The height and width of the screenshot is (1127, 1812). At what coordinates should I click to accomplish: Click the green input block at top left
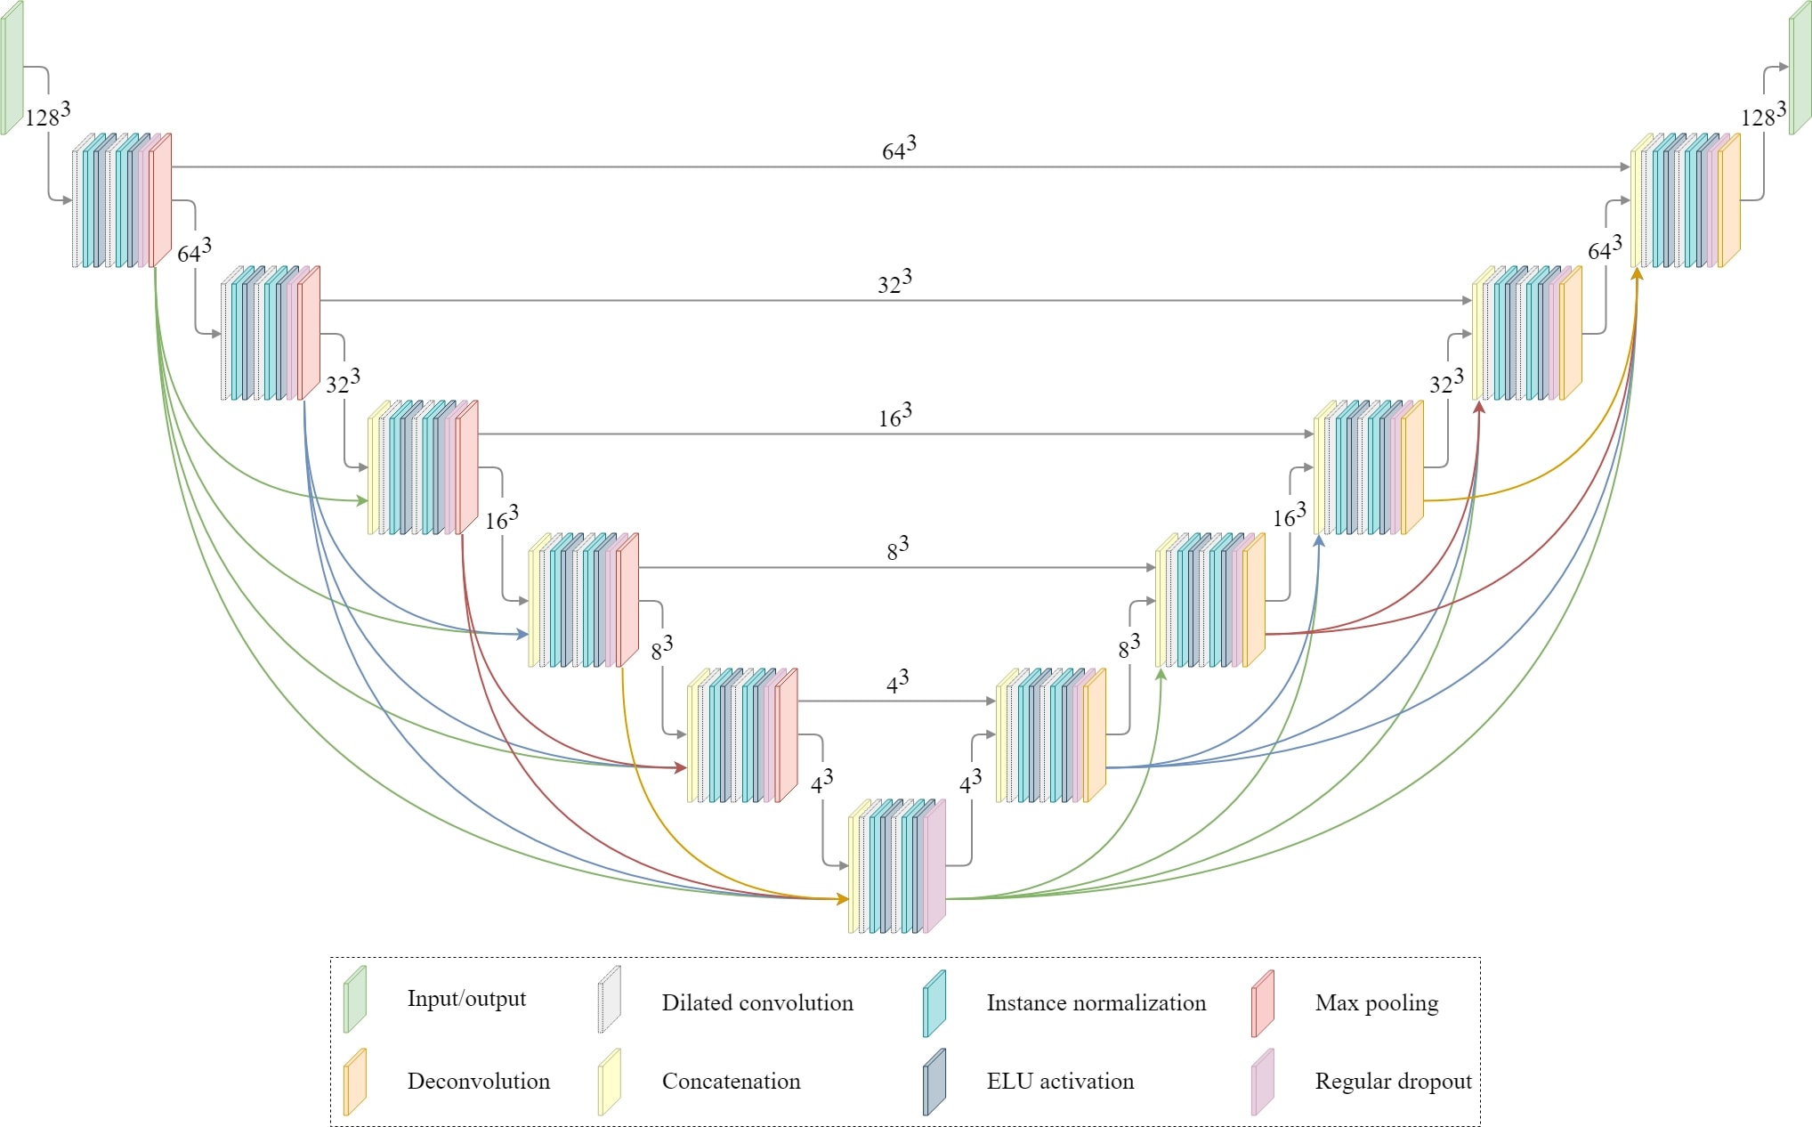(x=12, y=69)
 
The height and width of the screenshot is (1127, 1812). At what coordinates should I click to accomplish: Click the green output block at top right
(x=1800, y=69)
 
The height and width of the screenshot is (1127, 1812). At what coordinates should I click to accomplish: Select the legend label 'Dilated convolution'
(x=756, y=1003)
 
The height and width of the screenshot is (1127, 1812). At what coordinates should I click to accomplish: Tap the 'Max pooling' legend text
(x=1376, y=1003)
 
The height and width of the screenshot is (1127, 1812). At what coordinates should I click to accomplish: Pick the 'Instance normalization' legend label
(x=1096, y=1003)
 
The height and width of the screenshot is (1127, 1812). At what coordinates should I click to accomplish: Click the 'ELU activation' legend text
(x=1060, y=1082)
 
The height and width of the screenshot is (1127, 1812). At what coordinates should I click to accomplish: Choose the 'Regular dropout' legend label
(x=1393, y=1082)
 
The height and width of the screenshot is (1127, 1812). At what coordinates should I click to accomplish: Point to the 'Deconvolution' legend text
(x=478, y=1082)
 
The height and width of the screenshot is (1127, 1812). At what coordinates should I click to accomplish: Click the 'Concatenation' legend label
(x=731, y=1082)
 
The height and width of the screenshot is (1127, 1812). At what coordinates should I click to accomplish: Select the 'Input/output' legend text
(x=466, y=999)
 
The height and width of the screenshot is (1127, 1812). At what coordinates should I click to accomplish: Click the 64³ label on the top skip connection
(x=899, y=149)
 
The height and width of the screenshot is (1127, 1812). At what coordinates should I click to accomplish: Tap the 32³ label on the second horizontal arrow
(x=894, y=282)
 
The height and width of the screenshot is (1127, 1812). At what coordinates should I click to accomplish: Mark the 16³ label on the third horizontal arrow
(x=895, y=416)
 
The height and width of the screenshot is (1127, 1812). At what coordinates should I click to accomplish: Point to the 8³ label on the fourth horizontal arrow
(x=897, y=548)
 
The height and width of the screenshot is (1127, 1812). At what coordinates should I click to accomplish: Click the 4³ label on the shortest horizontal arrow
(x=897, y=682)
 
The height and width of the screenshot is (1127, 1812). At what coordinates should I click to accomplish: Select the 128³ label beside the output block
(x=1763, y=115)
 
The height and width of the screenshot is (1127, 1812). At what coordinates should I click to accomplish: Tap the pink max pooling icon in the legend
(x=1262, y=1004)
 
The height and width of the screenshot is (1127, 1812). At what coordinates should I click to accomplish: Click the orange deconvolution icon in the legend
(x=354, y=1082)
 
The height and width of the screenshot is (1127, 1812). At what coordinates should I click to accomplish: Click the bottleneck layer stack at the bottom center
(x=896, y=866)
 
